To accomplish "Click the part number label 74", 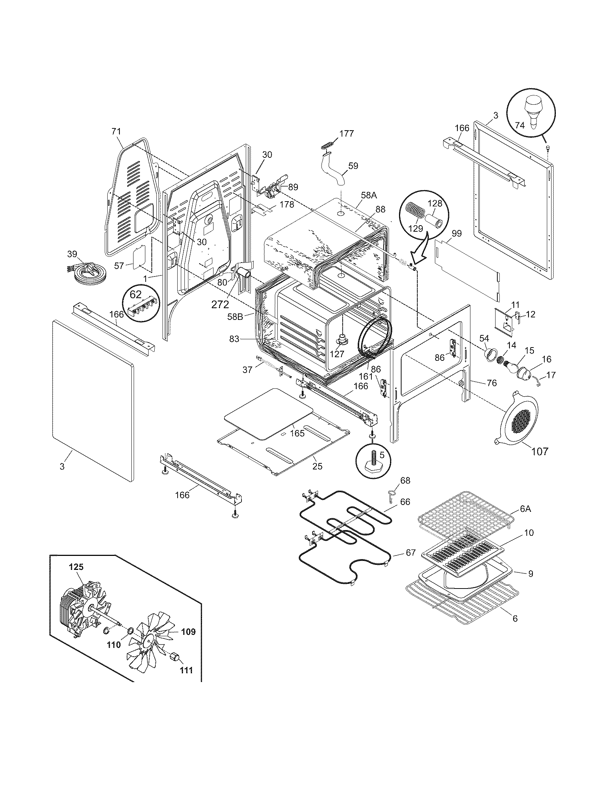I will point(520,126).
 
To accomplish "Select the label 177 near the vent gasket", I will point(347,133).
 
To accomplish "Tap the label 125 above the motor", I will point(76,567).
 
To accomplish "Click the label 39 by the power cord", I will point(72,254).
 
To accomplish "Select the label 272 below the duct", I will point(220,304).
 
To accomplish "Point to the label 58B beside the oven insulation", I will point(235,316).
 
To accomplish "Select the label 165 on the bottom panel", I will point(297,433).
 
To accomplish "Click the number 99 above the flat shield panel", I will point(456,234).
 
